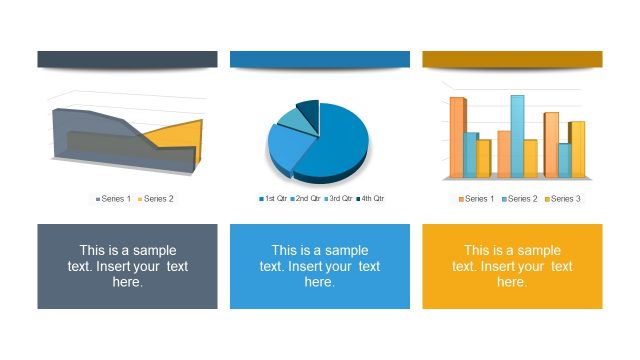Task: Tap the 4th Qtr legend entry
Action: (x=370, y=199)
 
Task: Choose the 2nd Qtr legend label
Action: (x=306, y=199)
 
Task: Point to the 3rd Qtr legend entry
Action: (x=338, y=199)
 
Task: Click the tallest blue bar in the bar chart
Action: (x=517, y=135)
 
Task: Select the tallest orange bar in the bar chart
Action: (x=457, y=137)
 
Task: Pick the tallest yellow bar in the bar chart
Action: (x=577, y=149)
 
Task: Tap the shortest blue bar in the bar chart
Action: (x=564, y=160)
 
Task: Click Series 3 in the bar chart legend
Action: (x=563, y=199)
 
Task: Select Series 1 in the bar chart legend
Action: (x=477, y=199)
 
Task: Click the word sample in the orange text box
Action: (x=538, y=251)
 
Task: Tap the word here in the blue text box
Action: (x=319, y=283)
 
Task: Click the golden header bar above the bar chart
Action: (x=512, y=59)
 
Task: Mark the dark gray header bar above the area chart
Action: (x=127, y=59)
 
